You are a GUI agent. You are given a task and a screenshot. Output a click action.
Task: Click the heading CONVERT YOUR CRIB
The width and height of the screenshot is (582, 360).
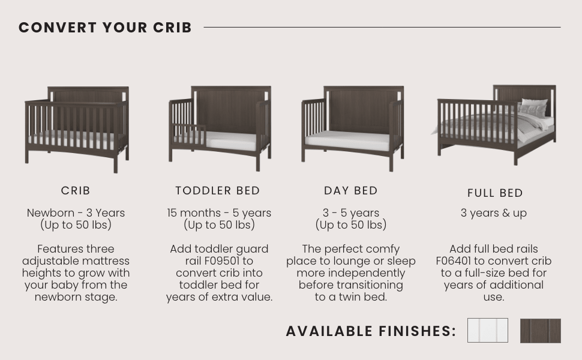[x=105, y=28]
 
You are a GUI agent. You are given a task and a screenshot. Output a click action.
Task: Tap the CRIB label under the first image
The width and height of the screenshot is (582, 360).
[x=76, y=191]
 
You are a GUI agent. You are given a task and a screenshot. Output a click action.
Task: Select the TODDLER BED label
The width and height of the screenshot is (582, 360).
[x=218, y=191]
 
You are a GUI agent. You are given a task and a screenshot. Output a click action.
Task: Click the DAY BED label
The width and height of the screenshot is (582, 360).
[x=351, y=191]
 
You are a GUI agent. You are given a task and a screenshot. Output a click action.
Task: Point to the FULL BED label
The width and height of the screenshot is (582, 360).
[x=495, y=193]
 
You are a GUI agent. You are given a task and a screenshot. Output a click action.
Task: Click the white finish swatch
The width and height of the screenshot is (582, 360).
[x=487, y=331]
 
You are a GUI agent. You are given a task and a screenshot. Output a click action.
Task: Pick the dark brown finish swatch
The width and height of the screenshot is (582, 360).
[x=540, y=331]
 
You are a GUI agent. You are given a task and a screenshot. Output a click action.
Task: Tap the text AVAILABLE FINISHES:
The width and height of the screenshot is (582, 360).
[x=371, y=331]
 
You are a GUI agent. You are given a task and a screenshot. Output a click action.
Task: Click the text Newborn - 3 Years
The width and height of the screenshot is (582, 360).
[x=76, y=213]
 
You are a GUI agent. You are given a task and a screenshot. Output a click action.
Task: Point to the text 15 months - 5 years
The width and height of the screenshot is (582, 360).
[x=219, y=213]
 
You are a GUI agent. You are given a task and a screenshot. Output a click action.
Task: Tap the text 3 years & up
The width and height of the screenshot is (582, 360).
[x=494, y=213]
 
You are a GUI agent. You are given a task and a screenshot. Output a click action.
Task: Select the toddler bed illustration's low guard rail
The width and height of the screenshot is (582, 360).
[x=190, y=135]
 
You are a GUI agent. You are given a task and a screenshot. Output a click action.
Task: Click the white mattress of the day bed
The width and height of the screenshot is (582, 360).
[x=348, y=141]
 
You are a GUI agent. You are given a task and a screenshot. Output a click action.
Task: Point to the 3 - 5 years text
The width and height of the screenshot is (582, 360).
[x=351, y=213]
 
